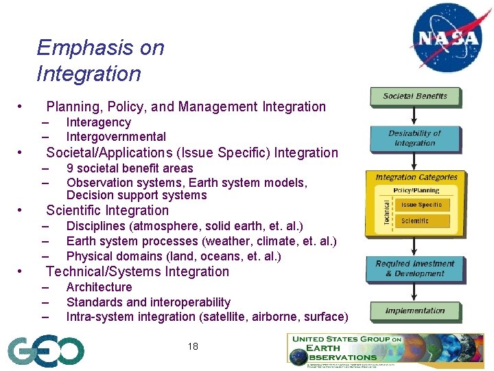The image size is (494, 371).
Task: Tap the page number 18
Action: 193,346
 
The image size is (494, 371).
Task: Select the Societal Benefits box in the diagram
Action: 414,96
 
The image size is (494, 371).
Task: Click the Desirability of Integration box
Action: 414,138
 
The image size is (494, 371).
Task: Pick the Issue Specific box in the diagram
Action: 421,205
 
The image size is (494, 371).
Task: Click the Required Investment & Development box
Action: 414,269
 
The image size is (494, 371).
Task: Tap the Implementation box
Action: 414,311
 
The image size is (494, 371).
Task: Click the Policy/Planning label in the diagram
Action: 416,190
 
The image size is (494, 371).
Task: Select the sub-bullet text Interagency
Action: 98,122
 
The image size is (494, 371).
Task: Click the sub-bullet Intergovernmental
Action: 116,137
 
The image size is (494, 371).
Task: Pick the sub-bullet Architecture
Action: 99,287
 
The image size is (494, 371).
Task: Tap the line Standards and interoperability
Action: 148,302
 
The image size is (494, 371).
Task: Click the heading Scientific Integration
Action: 107,211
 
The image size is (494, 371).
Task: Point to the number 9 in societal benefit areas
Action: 70,168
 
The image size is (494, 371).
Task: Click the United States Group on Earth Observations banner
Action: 384,348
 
